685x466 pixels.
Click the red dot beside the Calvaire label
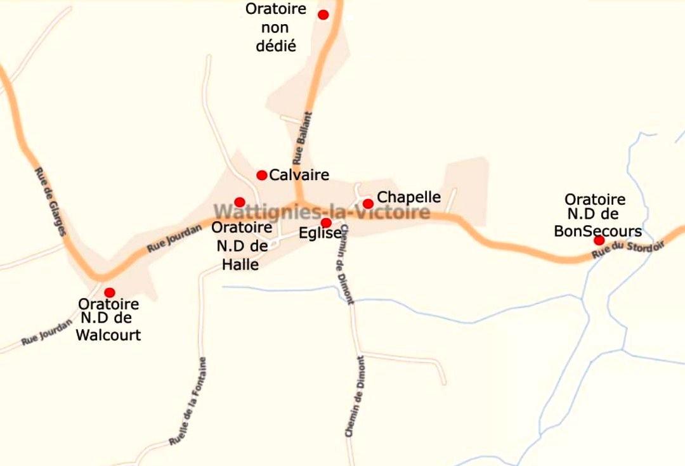click(x=261, y=175)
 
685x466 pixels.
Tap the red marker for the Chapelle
click(x=368, y=204)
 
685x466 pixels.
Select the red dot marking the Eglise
click(x=326, y=223)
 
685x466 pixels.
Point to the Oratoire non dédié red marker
click(x=323, y=15)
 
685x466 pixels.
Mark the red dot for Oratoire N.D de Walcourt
click(x=110, y=292)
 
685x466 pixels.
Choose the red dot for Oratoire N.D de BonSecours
click(x=599, y=240)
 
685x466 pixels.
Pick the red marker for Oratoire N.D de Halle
click(x=240, y=202)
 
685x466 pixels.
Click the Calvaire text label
click(x=299, y=175)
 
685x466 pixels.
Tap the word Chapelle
click(x=408, y=197)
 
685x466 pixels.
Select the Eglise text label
click(x=321, y=233)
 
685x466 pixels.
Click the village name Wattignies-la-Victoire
click(x=322, y=212)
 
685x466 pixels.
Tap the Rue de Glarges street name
click(x=50, y=202)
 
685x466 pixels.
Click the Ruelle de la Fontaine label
click(x=188, y=401)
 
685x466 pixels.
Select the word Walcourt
click(x=108, y=335)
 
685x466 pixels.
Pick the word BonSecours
click(x=597, y=231)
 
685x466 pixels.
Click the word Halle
click(x=240, y=264)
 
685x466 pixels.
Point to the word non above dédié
click(x=275, y=28)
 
